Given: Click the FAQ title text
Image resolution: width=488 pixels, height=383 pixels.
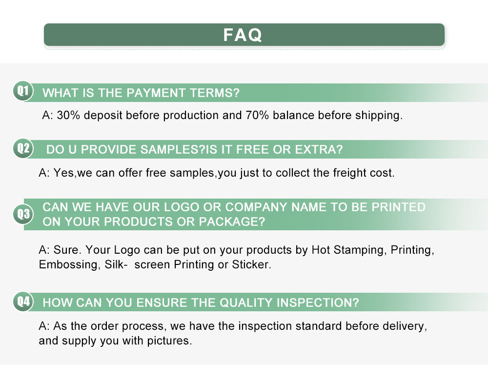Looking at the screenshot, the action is coord(243,35).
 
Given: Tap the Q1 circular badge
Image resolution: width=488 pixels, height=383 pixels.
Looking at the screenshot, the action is coord(23,91).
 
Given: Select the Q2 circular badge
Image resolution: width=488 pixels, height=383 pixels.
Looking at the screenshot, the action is coord(23,148).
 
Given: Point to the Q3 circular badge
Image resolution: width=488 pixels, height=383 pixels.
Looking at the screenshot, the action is coord(23,214).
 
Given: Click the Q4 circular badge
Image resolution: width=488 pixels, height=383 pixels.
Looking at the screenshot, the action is coord(23,302).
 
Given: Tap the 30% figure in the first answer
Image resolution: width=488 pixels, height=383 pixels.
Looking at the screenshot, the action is coord(68,116).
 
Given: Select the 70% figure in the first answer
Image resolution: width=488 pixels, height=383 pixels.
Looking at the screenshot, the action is coord(257,116).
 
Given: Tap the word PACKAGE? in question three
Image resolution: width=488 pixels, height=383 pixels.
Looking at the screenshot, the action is coord(232,222).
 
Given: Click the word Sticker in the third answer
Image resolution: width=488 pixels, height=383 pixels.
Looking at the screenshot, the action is coord(250,265).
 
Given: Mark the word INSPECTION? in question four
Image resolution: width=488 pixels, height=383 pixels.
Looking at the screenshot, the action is coord(318,302).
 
